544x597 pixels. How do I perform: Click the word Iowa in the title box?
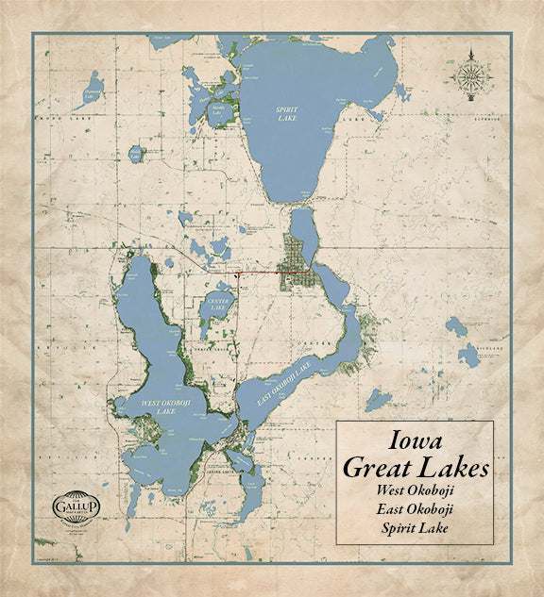415,440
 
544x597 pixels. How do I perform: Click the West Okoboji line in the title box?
415,490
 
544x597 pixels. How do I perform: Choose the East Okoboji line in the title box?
415,509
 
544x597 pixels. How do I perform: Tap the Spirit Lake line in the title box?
415,527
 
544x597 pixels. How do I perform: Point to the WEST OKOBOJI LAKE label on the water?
158,406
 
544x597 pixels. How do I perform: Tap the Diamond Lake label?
93,91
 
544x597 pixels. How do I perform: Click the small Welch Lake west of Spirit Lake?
137,152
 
